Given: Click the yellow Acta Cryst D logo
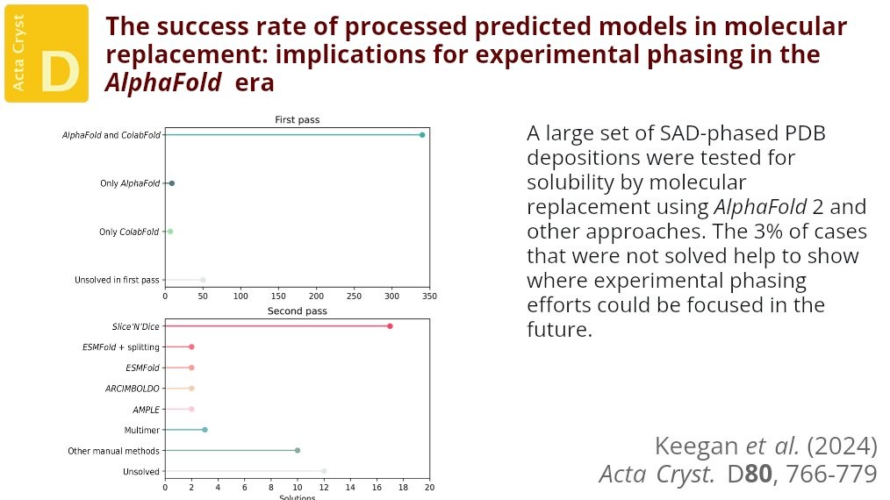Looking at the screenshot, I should click(47, 53).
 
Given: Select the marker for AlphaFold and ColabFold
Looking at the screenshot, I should click(422, 134).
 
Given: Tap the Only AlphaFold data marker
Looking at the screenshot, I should click(172, 183).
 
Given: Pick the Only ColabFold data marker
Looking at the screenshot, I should click(170, 232).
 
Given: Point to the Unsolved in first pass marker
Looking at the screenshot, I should click(203, 280).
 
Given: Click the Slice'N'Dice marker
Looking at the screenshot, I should click(390, 326).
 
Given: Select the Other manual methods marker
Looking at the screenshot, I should click(298, 450).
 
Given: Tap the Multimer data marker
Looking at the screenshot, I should click(205, 430).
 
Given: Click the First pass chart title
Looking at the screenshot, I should click(297, 120).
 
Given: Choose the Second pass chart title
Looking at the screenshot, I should click(297, 311).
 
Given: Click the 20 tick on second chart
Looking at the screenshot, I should click(429, 487).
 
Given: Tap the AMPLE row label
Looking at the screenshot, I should click(146, 409).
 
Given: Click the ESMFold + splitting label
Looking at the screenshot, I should click(121, 347).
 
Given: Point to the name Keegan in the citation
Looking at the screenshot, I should click(690, 446).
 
